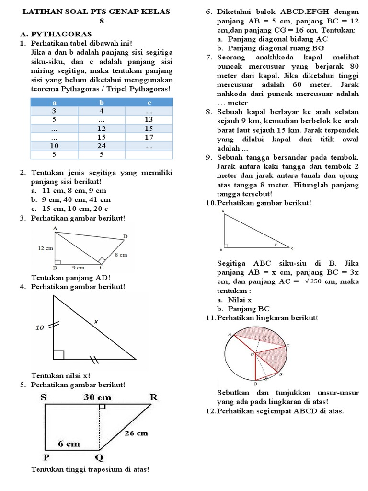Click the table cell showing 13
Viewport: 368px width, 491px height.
(149, 120)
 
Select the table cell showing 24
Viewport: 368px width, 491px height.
(102, 146)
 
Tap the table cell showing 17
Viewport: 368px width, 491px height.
(149, 137)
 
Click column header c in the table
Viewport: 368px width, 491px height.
(149, 102)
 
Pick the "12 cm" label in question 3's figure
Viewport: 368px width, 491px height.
(45, 248)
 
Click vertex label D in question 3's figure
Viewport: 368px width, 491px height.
(126, 236)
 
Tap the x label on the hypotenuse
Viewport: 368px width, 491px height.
(95, 322)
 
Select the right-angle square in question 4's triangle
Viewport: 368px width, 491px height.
(58, 355)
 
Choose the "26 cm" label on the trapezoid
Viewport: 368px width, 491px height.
(137, 433)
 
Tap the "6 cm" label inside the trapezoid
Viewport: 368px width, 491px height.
(69, 444)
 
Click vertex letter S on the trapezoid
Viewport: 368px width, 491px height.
(44, 397)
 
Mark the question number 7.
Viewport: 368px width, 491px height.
(209, 58)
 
